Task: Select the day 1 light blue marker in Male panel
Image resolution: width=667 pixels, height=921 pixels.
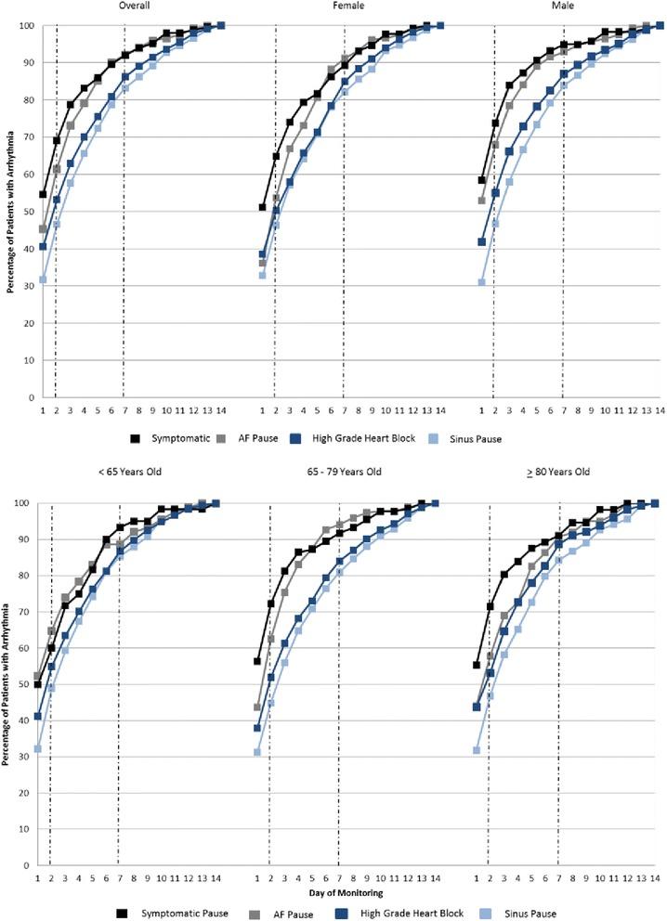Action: (481, 282)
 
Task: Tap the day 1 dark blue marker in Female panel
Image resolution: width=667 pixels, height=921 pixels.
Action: (262, 254)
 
